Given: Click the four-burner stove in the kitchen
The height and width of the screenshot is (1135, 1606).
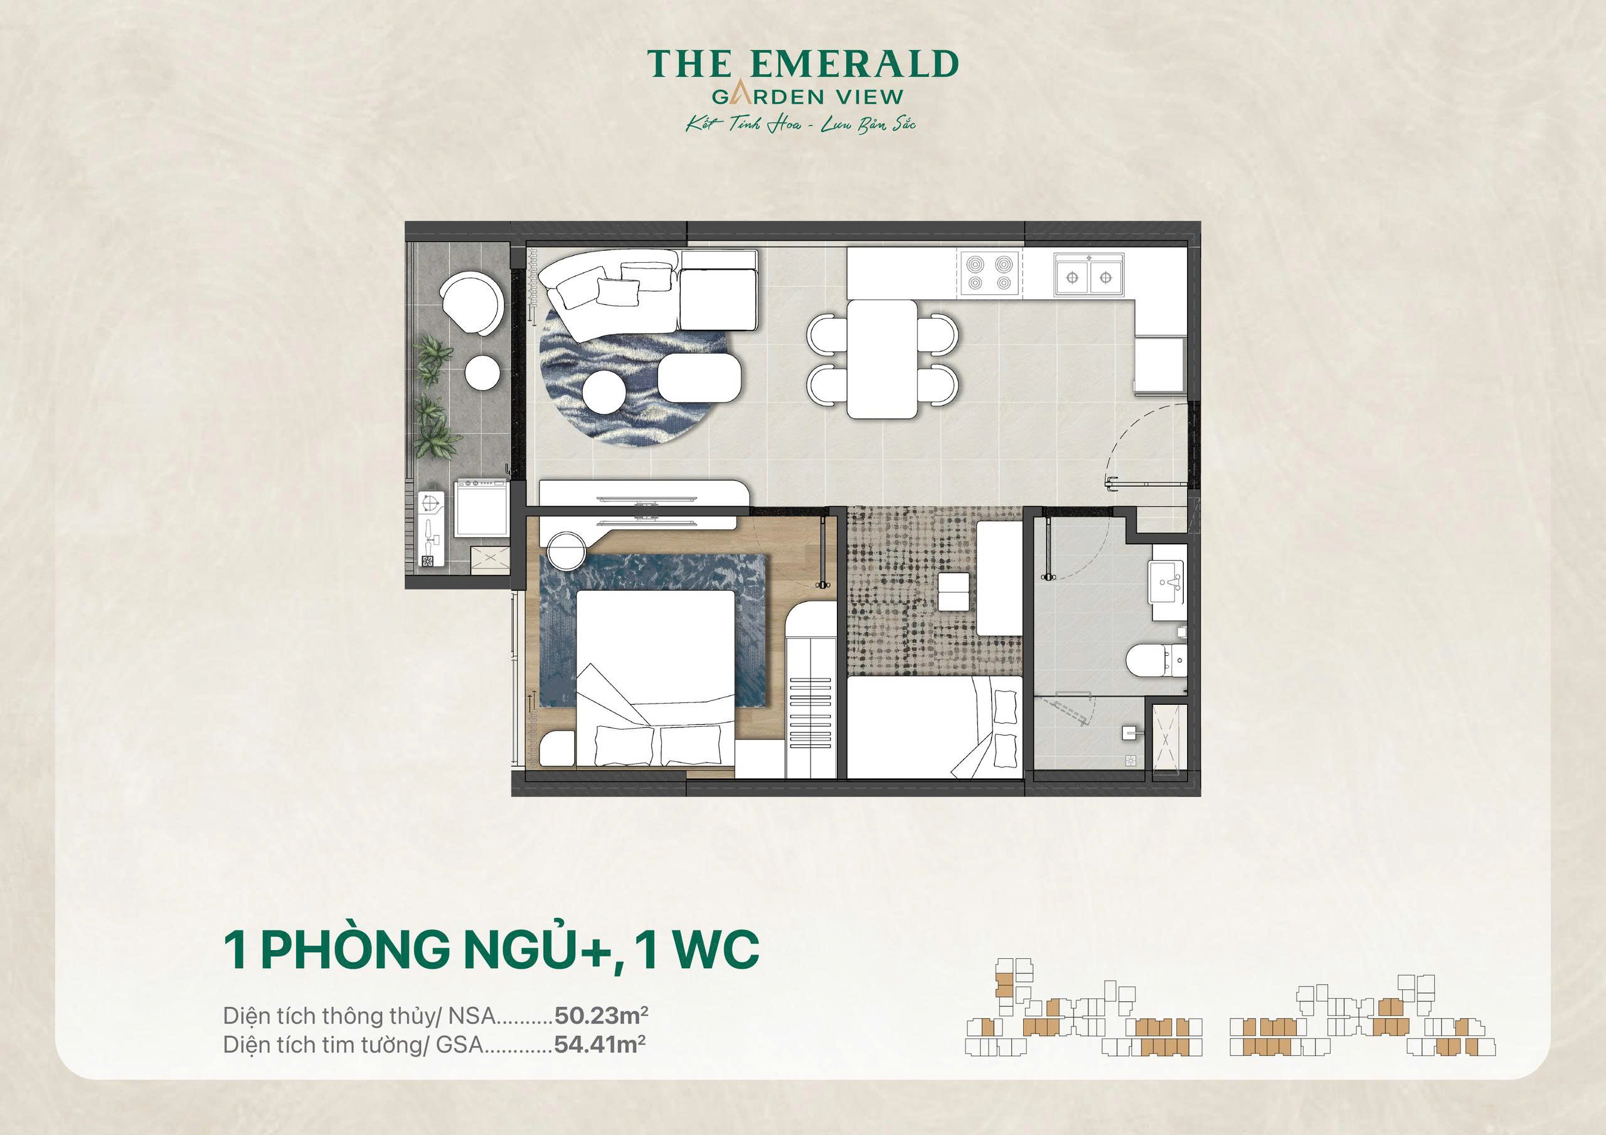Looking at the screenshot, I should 990,273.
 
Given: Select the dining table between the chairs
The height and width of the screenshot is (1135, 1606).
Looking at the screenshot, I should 881,359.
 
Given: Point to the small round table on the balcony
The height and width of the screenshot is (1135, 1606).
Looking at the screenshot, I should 482,372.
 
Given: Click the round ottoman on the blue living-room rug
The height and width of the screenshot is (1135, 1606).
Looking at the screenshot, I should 604,393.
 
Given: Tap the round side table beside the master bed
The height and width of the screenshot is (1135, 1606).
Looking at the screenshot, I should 567,551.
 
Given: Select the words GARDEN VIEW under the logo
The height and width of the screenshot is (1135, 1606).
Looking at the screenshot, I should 808,97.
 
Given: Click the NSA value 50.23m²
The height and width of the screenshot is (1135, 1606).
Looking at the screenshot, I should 601,1015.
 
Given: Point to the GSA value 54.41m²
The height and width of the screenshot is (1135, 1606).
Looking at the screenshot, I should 600,1045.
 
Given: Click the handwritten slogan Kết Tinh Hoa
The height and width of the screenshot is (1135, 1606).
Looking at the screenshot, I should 743,125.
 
